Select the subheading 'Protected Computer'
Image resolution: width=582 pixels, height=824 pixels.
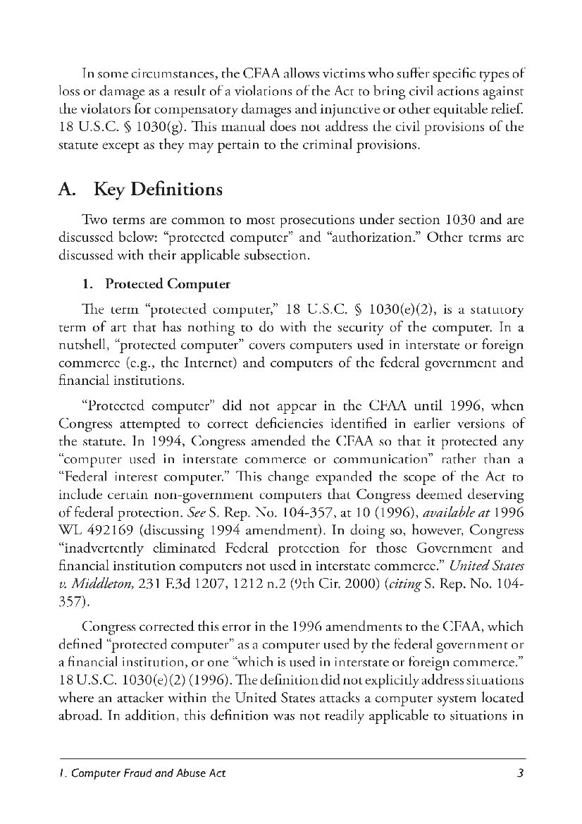(x=168, y=285)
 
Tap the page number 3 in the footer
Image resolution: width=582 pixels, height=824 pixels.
(x=520, y=773)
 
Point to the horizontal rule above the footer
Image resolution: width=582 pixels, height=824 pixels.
(x=291, y=758)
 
